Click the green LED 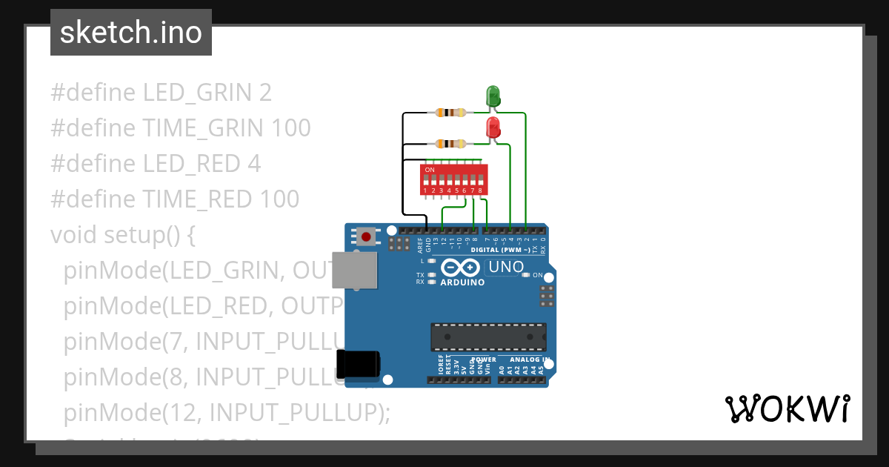493,96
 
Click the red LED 493,127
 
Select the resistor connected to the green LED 451,113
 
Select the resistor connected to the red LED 451,144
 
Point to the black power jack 358,363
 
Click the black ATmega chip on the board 488,337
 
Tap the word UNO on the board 507,267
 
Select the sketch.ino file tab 131,33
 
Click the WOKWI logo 787,408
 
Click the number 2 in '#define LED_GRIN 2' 265,93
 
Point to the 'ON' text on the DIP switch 430,170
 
